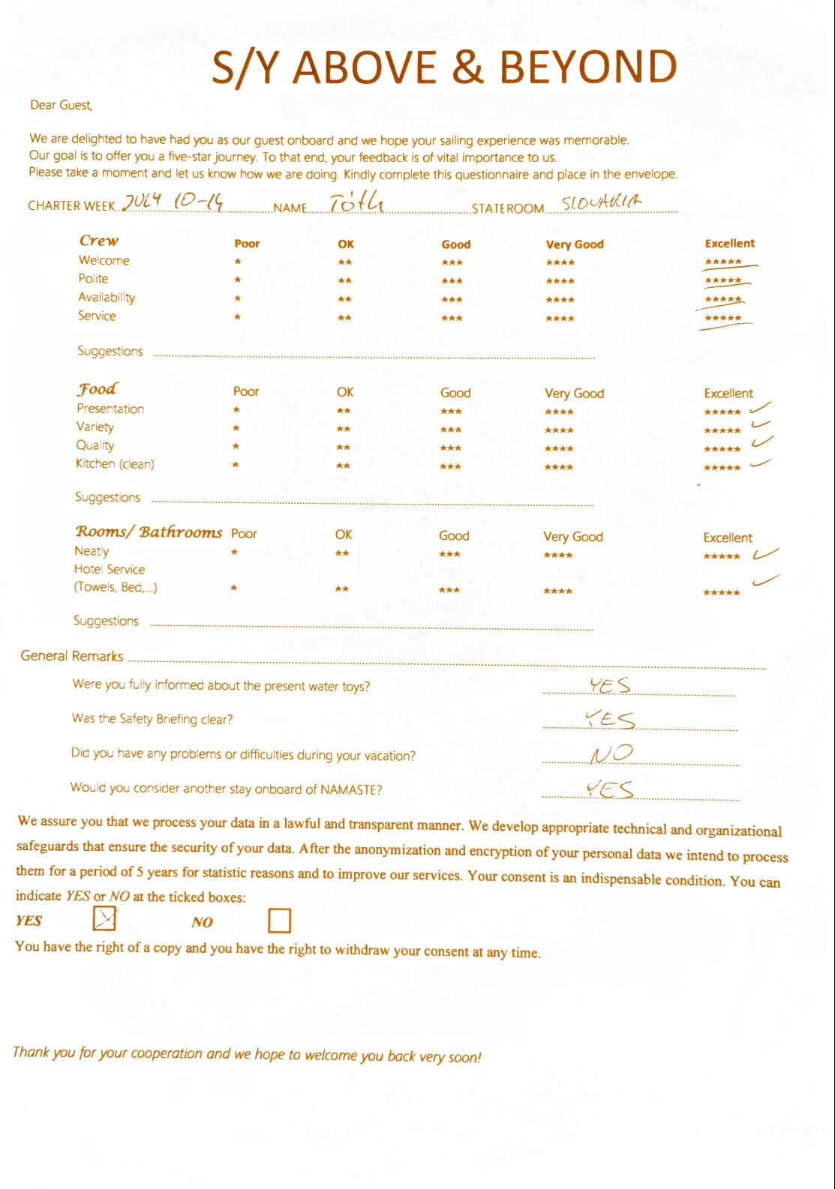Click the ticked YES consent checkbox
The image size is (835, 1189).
tap(104, 918)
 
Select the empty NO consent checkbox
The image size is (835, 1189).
tap(279, 920)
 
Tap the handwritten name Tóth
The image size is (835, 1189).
tap(357, 202)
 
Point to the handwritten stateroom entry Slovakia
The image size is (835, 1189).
tap(602, 202)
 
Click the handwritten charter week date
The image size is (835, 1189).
tap(173, 202)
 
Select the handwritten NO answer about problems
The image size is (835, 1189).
tap(611, 753)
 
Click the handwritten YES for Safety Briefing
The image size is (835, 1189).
tap(610, 720)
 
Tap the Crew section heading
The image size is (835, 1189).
tap(99, 241)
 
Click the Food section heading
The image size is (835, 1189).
tap(97, 388)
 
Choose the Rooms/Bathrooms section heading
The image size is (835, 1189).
tap(149, 532)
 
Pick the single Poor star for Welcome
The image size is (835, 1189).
tap(237, 262)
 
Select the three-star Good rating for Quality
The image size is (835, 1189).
tap(451, 448)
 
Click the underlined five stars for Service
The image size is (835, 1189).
tap(723, 319)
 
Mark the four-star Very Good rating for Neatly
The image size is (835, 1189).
tap(558, 556)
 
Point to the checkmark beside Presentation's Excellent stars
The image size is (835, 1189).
tap(760, 408)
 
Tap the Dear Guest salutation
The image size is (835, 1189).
tap(61, 105)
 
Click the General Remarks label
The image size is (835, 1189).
tap(72, 656)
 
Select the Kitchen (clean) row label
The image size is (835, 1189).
tap(115, 464)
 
